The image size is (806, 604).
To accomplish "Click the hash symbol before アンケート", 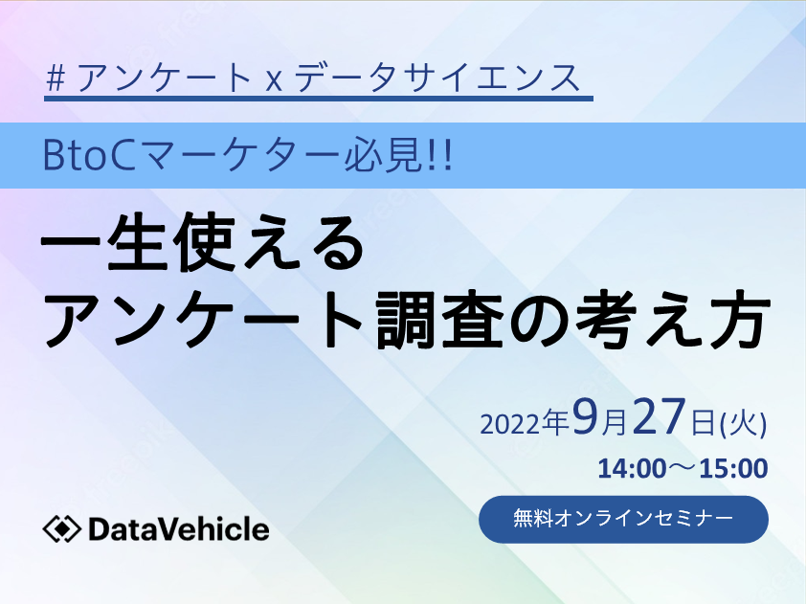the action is [x=56, y=78].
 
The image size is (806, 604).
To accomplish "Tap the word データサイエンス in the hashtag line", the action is [x=437, y=78].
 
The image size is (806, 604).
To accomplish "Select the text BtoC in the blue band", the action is [x=87, y=156].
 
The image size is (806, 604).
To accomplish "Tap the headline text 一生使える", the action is [x=202, y=241].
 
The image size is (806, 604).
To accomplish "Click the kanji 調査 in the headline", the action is [x=440, y=321].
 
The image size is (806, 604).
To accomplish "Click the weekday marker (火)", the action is [x=743, y=425].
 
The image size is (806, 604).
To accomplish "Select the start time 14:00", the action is [x=632, y=469].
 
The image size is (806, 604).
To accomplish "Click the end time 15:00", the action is [x=733, y=469].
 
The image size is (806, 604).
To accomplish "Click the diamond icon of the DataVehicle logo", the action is [x=61, y=529].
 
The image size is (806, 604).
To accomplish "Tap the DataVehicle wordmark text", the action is [x=179, y=529].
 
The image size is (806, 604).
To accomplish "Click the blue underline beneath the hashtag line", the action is [x=319, y=99].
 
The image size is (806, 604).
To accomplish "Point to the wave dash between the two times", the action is [x=683, y=468].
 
